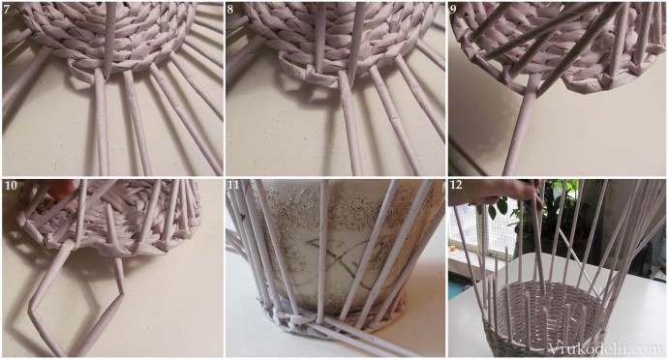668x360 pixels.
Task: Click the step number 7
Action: click(7, 10)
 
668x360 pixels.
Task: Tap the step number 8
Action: click(230, 10)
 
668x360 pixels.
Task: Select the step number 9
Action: click(453, 10)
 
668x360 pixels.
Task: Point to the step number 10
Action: click(11, 186)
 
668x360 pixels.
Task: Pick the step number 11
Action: click(233, 186)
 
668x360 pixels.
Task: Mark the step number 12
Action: click(456, 186)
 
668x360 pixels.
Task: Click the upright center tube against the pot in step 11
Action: click(323, 252)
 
